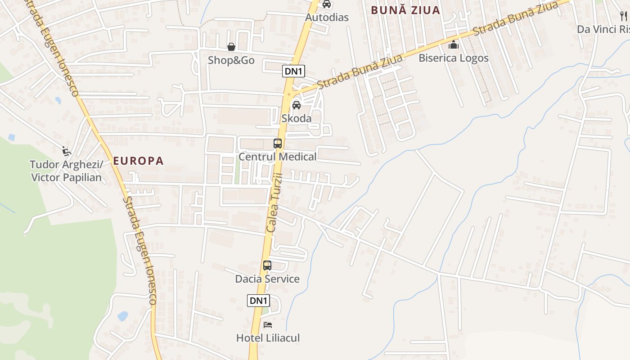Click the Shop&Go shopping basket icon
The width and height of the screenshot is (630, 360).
pyautogui.click(x=231, y=47)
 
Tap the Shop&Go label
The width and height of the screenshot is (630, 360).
pyautogui.click(x=231, y=60)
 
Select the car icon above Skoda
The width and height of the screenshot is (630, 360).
pyautogui.click(x=297, y=105)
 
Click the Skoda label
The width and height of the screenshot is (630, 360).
pyautogui.click(x=297, y=118)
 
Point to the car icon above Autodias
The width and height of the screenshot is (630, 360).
pyautogui.click(x=327, y=4)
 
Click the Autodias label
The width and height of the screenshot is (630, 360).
pyautogui.click(x=327, y=18)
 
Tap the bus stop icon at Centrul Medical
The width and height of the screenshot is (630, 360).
pyautogui.click(x=278, y=144)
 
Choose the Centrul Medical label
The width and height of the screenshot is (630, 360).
pyautogui.click(x=278, y=157)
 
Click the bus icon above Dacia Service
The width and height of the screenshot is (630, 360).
pyautogui.click(x=267, y=265)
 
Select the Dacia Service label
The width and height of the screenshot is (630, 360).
pyautogui.click(x=267, y=279)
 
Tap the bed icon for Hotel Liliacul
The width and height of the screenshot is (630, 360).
pyautogui.click(x=268, y=324)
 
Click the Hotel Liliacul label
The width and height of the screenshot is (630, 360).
pyautogui.click(x=268, y=338)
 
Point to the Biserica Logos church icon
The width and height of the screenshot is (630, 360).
pyautogui.click(x=454, y=45)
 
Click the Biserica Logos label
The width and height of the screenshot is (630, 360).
pyautogui.click(x=454, y=58)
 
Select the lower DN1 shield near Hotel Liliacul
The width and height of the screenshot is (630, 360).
pyautogui.click(x=258, y=301)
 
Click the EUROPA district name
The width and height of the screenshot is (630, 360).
pyautogui.click(x=138, y=161)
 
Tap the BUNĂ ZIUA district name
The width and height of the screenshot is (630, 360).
pyautogui.click(x=405, y=10)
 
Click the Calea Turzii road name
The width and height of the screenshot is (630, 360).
pyautogui.click(x=274, y=202)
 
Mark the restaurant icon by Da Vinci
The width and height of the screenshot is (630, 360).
pyautogui.click(x=624, y=17)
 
